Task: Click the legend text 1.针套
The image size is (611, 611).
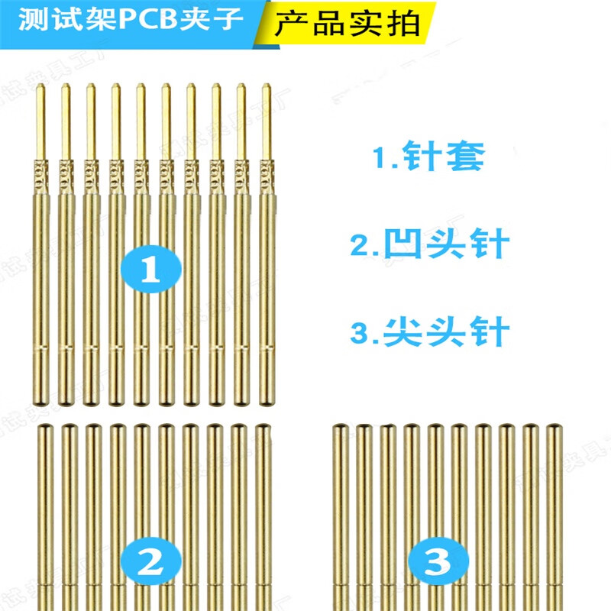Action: pos(428,158)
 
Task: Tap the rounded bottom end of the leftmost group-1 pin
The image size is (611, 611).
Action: pos(43,402)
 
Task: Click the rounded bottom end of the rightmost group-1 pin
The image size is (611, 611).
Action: pos(267,402)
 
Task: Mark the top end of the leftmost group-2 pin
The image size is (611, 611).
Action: pos(44,429)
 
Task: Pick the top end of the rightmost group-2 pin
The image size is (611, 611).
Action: pos(263,429)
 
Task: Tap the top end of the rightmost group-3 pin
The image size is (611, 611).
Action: pos(554,429)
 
